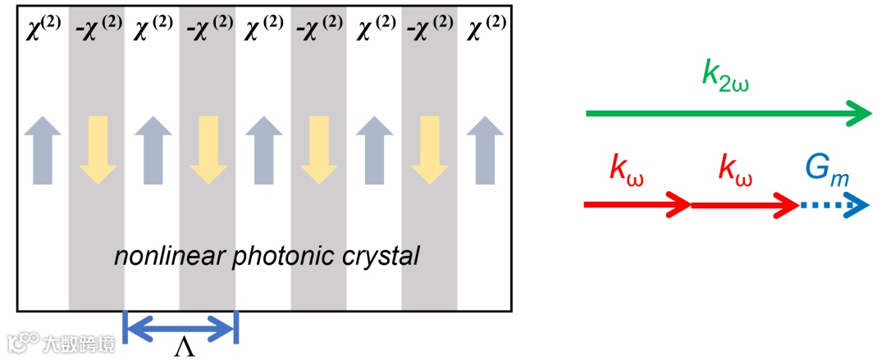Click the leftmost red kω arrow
(637, 204)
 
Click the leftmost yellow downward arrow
(98, 148)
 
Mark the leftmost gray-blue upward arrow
(43, 148)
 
